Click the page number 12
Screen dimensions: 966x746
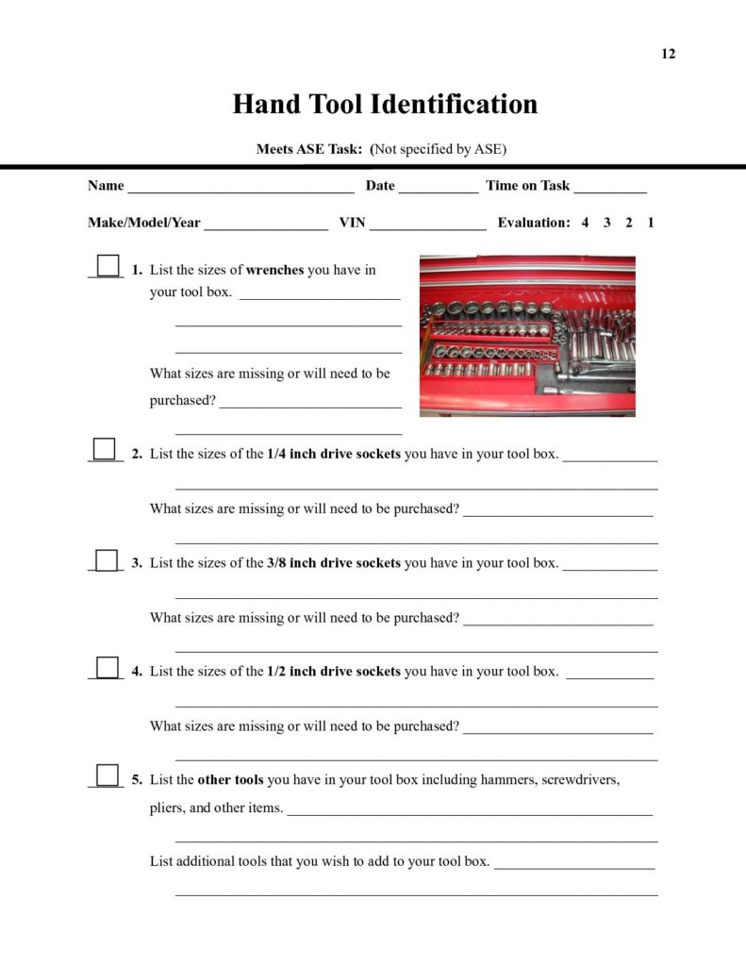click(x=668, y=54)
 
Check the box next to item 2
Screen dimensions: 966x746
click(x=105, y=448)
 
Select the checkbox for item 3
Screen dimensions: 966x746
click(x=108, y=558)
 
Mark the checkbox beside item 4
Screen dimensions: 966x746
click(x=108, y=667)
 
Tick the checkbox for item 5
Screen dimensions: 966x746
click(x=108, y=775)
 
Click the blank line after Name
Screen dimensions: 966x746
click(x=240, y=188)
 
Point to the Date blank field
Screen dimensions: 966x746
click(x=438, y=188)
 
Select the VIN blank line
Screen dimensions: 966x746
click(x=427, y=225)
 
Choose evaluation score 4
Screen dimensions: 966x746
click(x=585, y=223)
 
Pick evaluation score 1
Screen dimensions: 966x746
click(x=651, y=223)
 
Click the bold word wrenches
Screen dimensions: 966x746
click(x=274, y=270)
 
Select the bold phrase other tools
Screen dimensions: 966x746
click(x=230, y=780)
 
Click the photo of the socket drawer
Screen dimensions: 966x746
click(x=527, y=336)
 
